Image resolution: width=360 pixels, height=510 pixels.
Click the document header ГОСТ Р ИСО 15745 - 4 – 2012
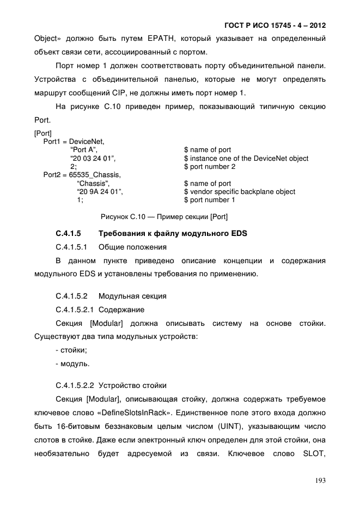click(275, 26)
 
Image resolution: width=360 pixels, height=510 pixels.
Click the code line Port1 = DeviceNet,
click(74, 142)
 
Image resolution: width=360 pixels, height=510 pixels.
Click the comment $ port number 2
click(210, 167)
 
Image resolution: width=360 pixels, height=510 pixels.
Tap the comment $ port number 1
click(210, 200)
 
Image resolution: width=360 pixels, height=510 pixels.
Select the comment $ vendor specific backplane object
click(240, 192)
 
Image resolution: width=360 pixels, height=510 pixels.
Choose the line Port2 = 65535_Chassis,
click(82, 175)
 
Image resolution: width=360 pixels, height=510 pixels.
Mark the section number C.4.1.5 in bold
click(69, 234)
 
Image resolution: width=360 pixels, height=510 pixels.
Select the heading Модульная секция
click(132, 296)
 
